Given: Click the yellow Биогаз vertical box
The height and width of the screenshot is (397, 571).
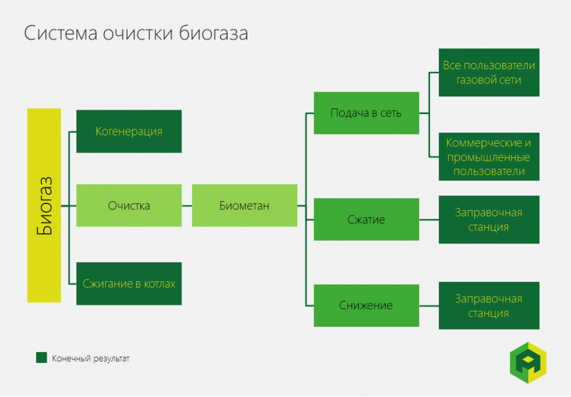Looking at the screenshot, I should pos(44,205).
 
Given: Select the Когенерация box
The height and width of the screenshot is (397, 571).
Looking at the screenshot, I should pos(129,131).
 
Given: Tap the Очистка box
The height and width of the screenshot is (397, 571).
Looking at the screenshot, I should pos(129,205).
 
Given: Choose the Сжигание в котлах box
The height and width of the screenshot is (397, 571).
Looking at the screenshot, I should pos(129,283).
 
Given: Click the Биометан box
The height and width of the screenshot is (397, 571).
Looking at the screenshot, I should pos(244,205).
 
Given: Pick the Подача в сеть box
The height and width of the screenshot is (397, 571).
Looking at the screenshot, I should pos(366,113).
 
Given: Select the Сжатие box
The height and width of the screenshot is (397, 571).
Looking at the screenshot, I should pos(366,219).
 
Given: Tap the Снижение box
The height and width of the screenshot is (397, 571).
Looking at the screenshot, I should pos(366,305).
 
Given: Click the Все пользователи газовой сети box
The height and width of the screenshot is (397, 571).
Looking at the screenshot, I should pos(489,72).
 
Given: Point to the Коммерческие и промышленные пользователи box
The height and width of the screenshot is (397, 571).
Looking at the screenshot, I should pos(489,157).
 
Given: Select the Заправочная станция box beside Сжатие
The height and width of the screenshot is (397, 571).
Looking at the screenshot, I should pos(489,219).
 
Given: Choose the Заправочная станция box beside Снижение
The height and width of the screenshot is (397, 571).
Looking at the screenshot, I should pos(489,305).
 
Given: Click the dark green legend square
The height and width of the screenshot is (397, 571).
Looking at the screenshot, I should pos(42,358).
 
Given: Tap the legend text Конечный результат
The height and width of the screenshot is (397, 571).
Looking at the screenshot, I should pos(91,359).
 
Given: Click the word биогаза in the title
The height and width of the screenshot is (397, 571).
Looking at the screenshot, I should pos(214,33).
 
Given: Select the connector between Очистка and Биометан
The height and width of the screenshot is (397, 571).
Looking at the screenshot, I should pos(187,206).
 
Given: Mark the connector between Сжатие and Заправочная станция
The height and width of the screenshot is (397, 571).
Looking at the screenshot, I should pos(429,219).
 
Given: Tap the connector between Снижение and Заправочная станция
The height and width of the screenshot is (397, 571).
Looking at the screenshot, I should pos(429,305).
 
